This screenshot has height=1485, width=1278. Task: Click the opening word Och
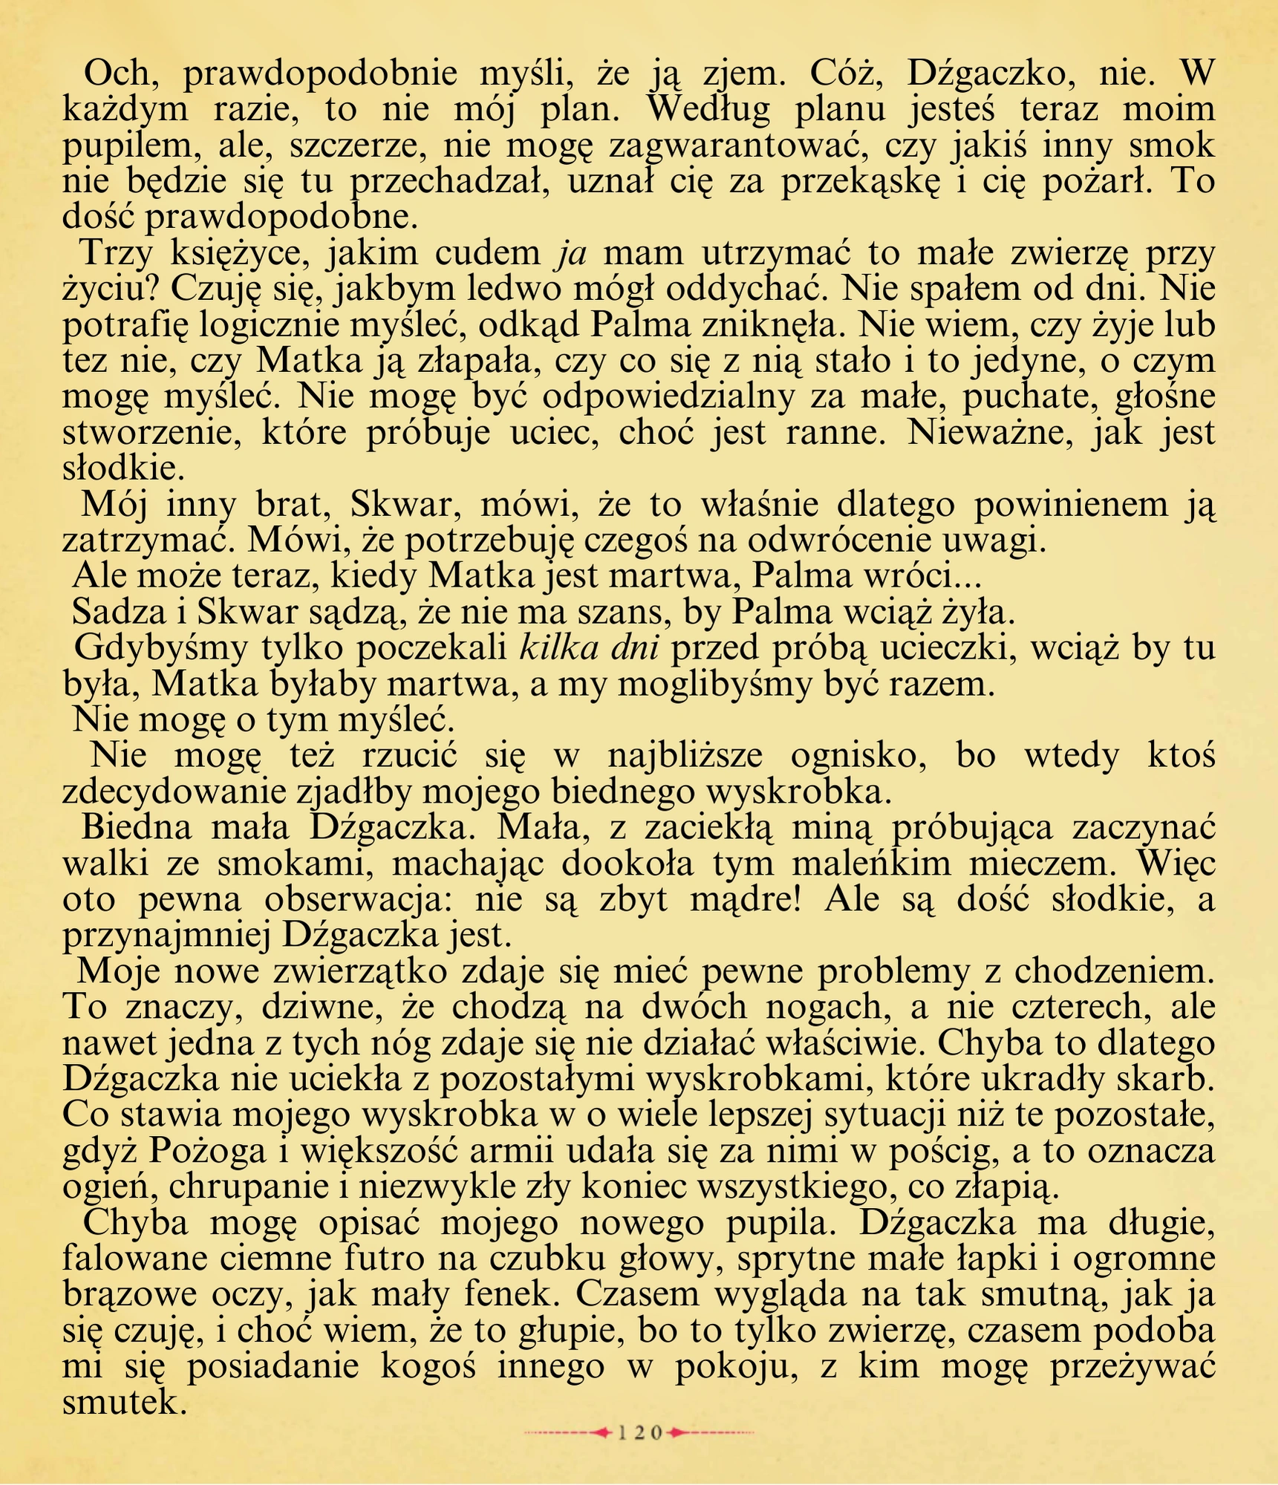coord(117,73)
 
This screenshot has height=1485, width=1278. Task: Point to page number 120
coord(639,1432)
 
